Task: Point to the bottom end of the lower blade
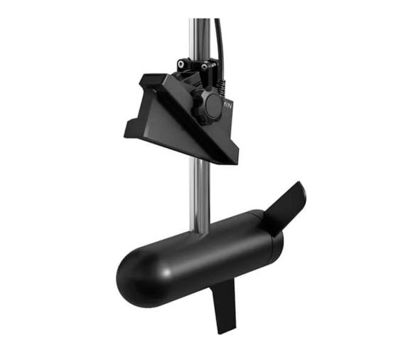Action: (x=225, y=331)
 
